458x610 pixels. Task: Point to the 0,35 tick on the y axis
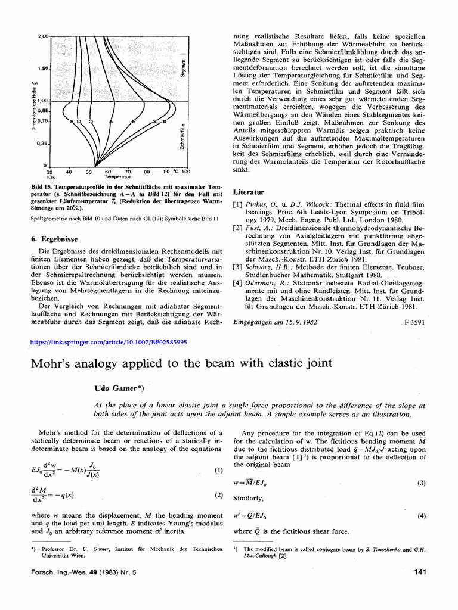[x=27, y=144]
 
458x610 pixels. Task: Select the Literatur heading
[x=246, y=194]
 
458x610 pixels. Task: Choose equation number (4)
[x=421, y=516]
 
